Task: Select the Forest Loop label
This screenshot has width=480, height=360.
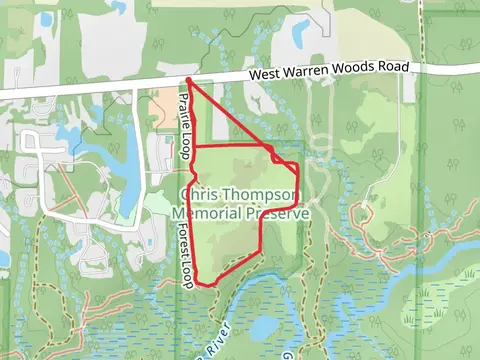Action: (x=186, y=258)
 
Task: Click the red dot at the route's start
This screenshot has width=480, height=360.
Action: (x=188, y=80)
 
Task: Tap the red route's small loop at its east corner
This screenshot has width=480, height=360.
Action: (x=276, y=155)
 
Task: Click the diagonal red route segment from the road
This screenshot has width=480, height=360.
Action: (x=230, y=116)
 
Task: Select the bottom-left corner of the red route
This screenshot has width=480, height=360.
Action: (x=195, y=278)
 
